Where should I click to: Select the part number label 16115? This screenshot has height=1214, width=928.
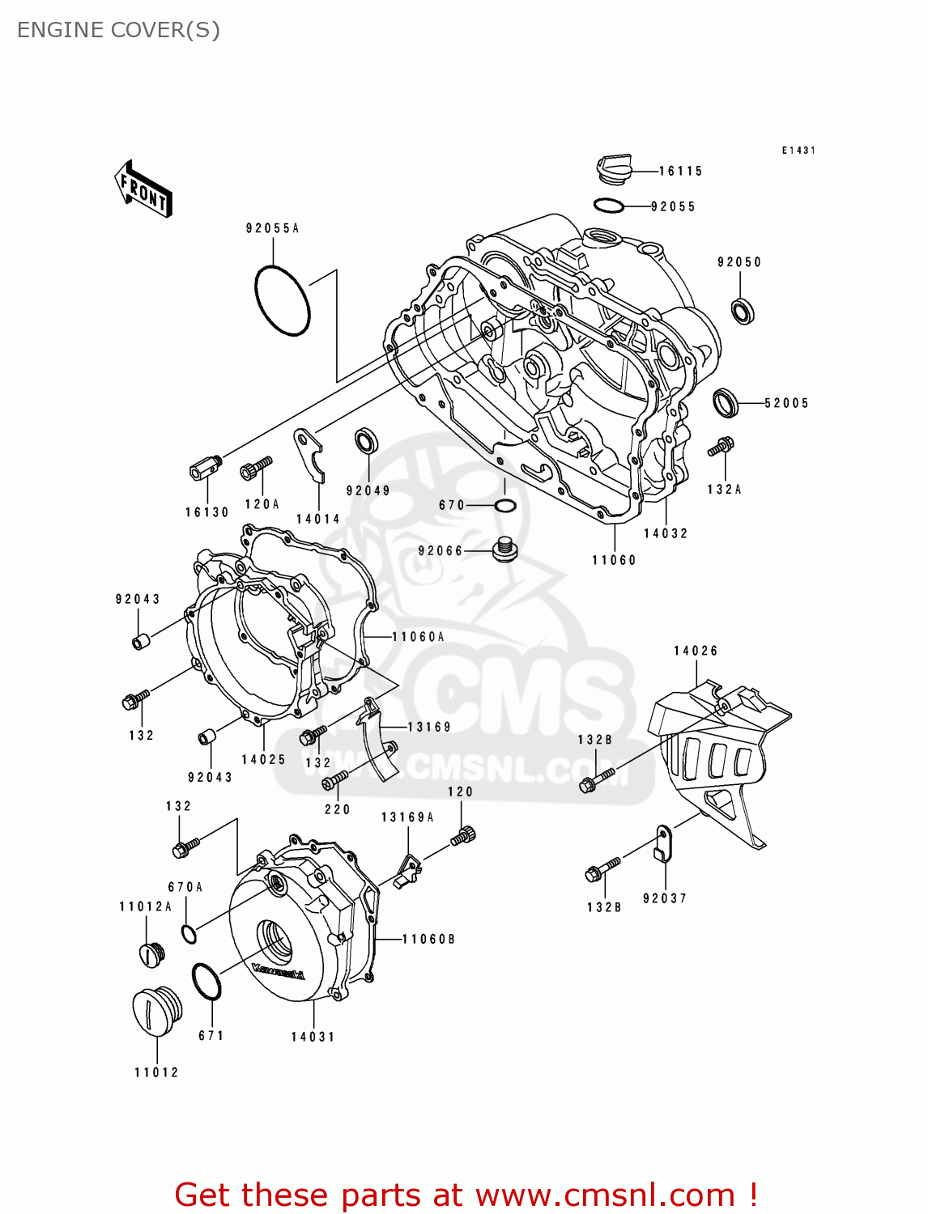[x=680, y=171]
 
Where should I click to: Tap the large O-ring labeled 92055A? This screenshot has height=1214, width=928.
[x=282, y=300]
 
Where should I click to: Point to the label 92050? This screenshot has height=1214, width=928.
[x=739, y=262]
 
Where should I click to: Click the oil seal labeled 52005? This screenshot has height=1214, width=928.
[x=726, y=402]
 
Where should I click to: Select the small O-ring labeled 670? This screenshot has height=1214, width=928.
[x=504, y=506]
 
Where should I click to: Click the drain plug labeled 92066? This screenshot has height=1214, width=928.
[x=504, y=550]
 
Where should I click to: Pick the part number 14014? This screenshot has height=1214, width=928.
[x=317, y=520]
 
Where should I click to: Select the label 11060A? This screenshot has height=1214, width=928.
[x=418, y=637]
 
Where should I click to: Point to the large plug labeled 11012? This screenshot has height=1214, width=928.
[x=156, y=1011]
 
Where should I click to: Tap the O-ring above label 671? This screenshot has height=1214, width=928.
[x=206, y=982]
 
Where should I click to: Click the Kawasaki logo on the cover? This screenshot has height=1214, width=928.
[x=278, y=972]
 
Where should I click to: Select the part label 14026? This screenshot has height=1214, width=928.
[x=696, y=651]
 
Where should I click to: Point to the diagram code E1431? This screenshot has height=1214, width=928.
[x=798, y=151]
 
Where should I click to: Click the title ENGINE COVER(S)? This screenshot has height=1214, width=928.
[x=118, y=30]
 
